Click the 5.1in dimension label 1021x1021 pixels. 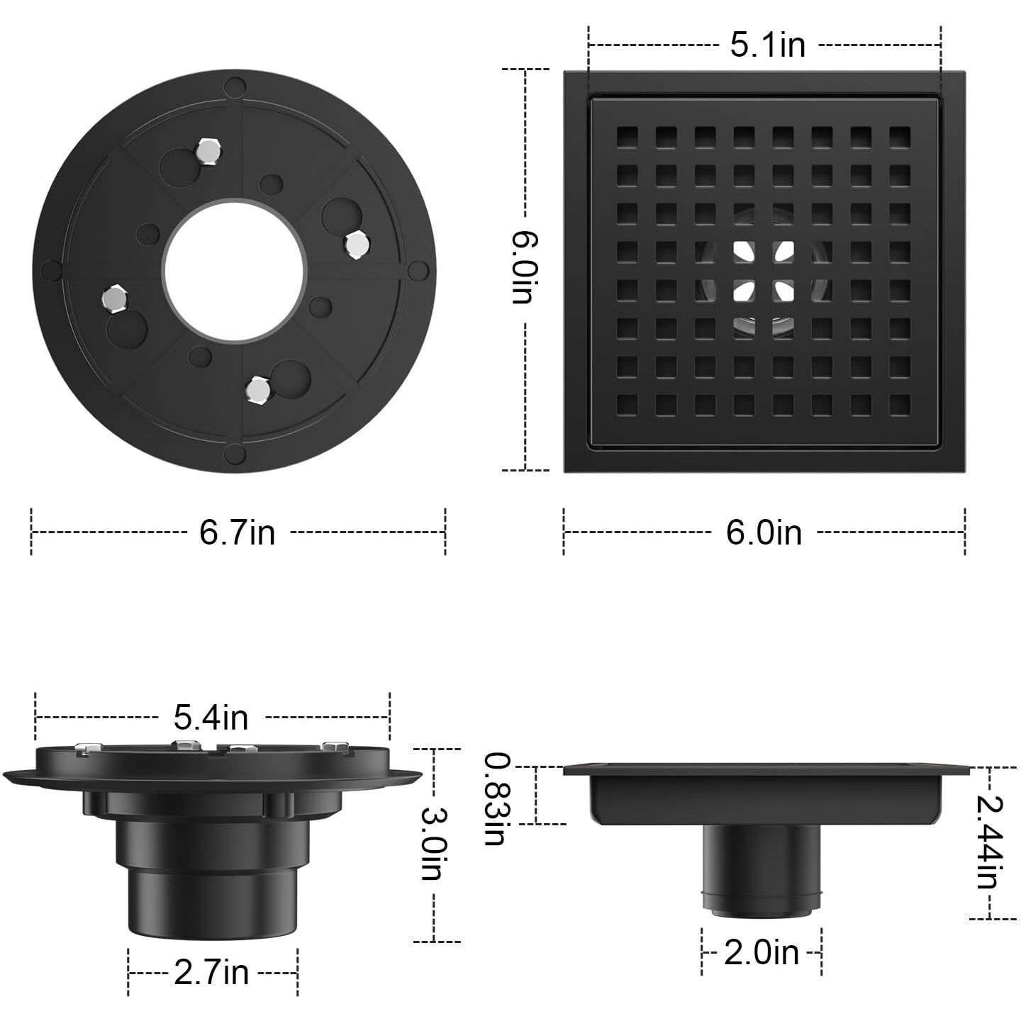[767, 45]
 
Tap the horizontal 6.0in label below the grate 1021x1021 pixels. [764, 532]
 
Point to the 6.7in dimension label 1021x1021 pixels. [237, 532]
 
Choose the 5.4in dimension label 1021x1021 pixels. [211, 718]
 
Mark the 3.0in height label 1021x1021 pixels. [432, 844]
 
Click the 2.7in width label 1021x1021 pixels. [211, 971]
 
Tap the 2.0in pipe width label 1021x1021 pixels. [761, 952]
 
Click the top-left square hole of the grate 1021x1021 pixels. [627, 137]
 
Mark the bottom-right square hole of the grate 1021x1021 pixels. [899, 405]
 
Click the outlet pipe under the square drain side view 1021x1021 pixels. [762, 869]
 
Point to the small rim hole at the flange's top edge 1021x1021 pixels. [235, 87]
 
